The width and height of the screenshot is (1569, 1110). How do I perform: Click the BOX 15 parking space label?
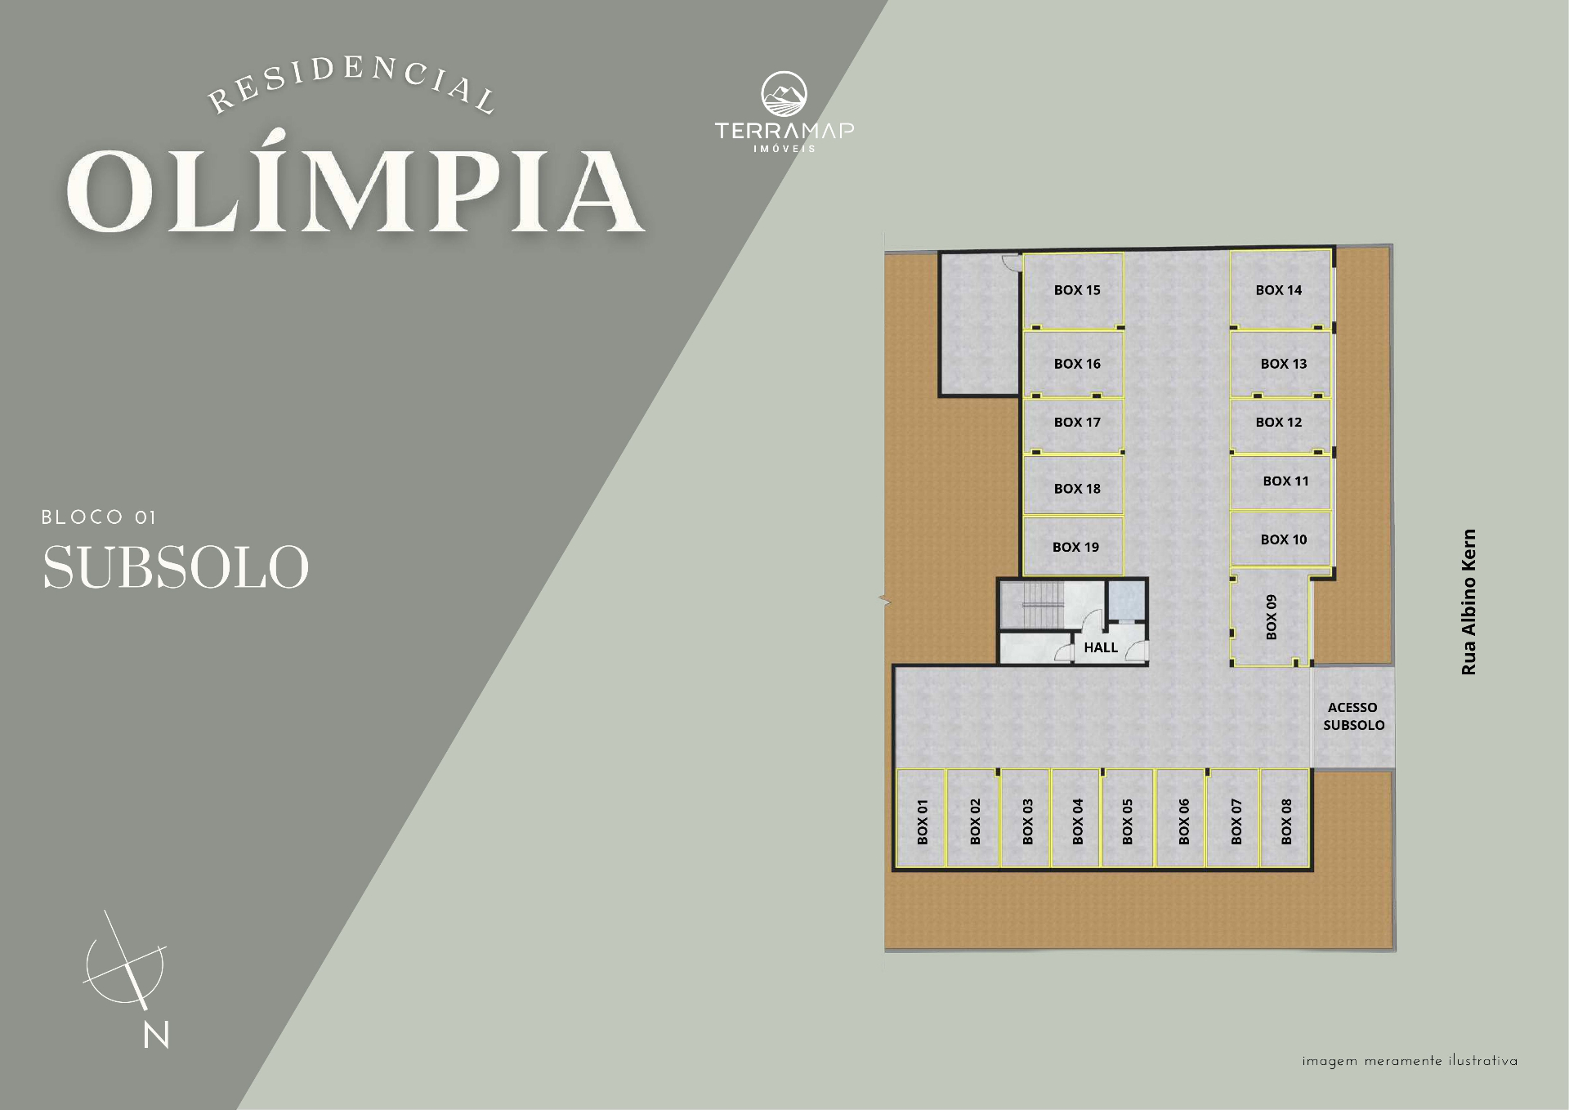click(x=1077, y=290)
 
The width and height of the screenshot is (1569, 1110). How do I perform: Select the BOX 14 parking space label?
click(x=1279, y=290)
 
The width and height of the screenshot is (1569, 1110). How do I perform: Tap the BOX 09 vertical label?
click(x=1271, y=617)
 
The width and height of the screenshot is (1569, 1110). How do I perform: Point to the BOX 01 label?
click(x=923, y=821)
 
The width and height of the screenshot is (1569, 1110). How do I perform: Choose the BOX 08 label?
click(x=1286, y=821)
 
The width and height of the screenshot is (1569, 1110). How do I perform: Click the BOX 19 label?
click(x=1075, y=547)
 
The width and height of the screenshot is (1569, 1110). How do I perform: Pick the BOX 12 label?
click(x=1279, y=423)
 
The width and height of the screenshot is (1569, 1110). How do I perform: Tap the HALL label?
click(x=1101, y=647)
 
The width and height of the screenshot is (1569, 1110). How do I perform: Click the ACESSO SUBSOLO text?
click(x=1353, y=716)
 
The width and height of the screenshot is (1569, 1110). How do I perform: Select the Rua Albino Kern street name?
click(x=1468, y=602)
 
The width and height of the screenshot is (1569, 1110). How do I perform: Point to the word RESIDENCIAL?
click(x=352, y=85)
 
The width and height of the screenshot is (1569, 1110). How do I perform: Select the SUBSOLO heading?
click(x=176, y=566)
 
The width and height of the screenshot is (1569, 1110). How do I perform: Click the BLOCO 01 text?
click(x=98, y=517)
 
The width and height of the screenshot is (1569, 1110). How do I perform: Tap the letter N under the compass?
click(x=156, y=1035)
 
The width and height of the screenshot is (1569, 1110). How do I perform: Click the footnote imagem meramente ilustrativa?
click(x=1410, y=1062)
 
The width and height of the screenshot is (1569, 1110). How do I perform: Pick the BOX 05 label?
click(x=1127, y=821)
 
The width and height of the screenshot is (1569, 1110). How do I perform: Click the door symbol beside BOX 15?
click(x=1010, y=262)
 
